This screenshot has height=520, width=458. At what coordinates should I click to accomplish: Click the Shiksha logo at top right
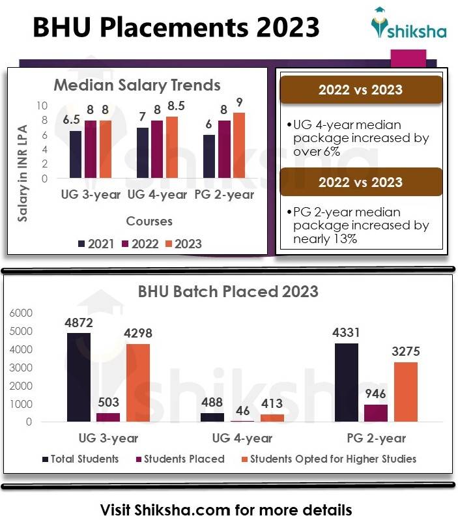point(408,25)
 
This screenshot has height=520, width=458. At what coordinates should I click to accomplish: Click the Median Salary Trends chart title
point(137,85)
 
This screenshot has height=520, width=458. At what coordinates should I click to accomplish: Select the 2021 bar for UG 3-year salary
point(76,154)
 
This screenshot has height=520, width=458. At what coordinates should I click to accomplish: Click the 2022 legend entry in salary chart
point(141,244)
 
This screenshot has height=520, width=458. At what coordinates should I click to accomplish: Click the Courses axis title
point(149,221)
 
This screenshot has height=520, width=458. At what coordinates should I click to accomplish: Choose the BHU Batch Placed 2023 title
point(228,291)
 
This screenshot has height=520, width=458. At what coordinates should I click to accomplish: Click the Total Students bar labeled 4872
point(79,377)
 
